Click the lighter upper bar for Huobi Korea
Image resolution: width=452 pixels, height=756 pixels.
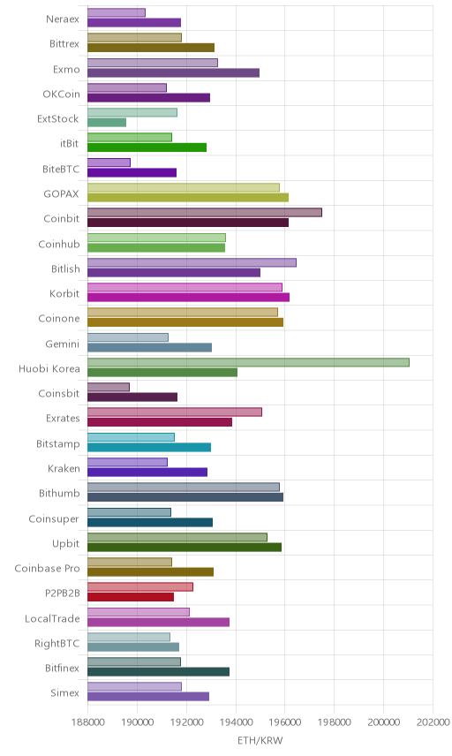coord(248,362)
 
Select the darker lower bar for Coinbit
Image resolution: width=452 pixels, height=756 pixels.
coord(188,223)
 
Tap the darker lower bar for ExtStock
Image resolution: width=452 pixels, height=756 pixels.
coord(107,123)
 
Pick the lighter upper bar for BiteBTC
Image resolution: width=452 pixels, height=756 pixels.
coord(109,163)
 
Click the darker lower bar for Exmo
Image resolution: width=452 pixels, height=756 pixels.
coord(174,72)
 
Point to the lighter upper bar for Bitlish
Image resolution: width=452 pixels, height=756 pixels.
coord(192,262)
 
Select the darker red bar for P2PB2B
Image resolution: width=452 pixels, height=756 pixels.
coord(131,597)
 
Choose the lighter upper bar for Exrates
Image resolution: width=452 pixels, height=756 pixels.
coord(175,412)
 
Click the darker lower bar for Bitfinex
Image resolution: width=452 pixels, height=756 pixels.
coord(159,671)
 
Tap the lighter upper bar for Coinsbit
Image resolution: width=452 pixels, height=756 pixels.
coord(109,387)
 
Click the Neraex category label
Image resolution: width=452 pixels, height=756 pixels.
coord(63,19)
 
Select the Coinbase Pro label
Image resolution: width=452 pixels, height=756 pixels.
coord(47,569)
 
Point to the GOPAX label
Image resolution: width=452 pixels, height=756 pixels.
coord(61,193)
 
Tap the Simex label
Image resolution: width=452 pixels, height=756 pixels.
coord(64,692)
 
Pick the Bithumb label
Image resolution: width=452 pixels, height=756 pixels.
coord(59,493)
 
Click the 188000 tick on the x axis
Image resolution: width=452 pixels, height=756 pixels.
coord(87,722)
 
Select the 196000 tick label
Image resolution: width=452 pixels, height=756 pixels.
coord(285,722)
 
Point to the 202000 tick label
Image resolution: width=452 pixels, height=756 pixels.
coord(433,722)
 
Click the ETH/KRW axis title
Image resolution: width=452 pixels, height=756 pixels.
coord(260,740)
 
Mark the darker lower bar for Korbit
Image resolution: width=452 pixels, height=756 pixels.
coord(188,297)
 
